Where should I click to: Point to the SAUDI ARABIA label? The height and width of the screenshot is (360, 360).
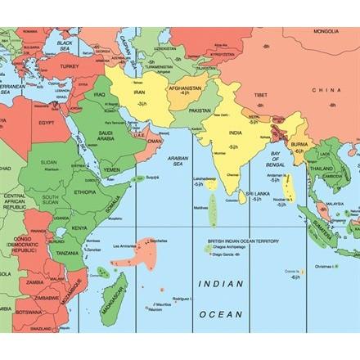pos(111,135)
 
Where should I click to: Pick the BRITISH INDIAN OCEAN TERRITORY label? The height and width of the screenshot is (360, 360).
pos(243,241)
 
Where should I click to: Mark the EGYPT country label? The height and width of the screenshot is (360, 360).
pos(47,123)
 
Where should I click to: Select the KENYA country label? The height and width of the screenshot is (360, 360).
pos(79,227)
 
